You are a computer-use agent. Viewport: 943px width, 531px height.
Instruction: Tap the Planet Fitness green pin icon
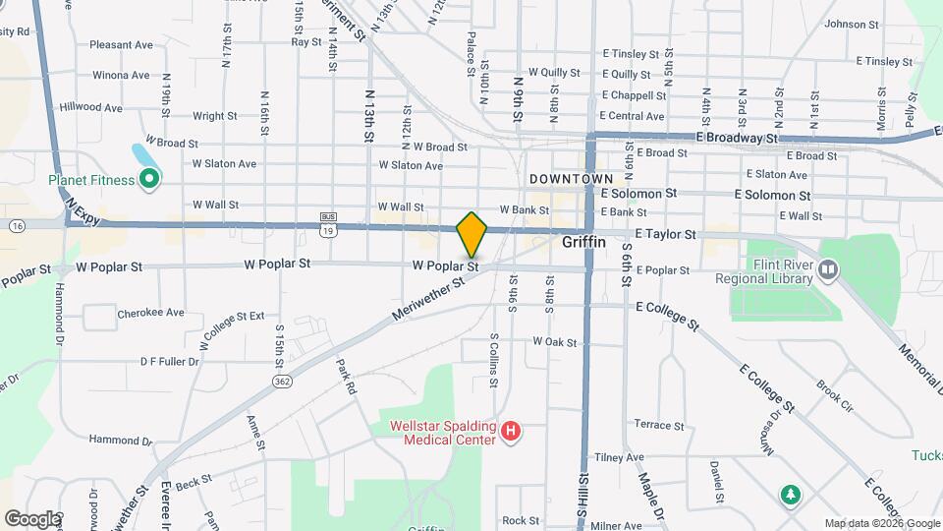(149, 178)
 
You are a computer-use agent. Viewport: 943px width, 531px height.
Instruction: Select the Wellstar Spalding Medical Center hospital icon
(510, 431)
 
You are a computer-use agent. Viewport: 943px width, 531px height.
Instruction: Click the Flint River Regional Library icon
(829, 268)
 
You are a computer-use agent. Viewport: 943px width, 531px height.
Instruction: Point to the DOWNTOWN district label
(571, 179)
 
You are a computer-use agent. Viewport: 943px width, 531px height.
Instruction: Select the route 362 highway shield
(282, 379)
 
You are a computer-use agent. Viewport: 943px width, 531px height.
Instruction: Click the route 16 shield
(19, 225)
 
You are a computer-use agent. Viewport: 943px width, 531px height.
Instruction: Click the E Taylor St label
(665, 235)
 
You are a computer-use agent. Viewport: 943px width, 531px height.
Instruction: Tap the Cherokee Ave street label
(150, 313)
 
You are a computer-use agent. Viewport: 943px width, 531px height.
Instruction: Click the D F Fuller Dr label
(169, 362)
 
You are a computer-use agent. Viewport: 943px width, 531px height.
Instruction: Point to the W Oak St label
(554, 342)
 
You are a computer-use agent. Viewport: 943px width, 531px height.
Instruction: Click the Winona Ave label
(121, 75)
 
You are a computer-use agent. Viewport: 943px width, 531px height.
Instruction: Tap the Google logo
(32, 518)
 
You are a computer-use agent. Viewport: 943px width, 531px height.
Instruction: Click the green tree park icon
(789, 493)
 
